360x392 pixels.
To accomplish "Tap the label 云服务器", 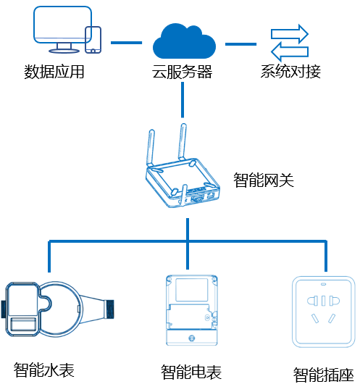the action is tap(183, 72).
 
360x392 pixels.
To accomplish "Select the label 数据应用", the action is tap(54, 72).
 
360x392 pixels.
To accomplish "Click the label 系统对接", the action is tap(290, 72).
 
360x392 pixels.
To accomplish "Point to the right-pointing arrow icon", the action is tap(290, 34).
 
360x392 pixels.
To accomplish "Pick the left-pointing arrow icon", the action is tap(290, 51).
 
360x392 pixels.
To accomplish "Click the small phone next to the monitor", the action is tap(93, 40).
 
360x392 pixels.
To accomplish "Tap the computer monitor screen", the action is tap(62, 24).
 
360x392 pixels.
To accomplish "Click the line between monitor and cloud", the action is tap(126, 43).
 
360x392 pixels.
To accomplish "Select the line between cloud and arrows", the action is tap(240, 44).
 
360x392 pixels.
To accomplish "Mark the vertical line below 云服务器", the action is tap(183, 100).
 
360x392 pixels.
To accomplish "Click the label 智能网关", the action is tap(264, 180).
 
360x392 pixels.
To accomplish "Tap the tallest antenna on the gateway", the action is tap(183, 141).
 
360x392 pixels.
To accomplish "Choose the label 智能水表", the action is tap(43, 370).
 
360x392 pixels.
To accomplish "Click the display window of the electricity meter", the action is tap(192, 290).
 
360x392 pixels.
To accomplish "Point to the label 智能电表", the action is tap(191, 372).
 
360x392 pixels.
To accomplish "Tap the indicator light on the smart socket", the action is tap(324, 284).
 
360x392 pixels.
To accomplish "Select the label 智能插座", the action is tap(324, 375).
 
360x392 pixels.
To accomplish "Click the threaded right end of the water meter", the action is tap(109, 309).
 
